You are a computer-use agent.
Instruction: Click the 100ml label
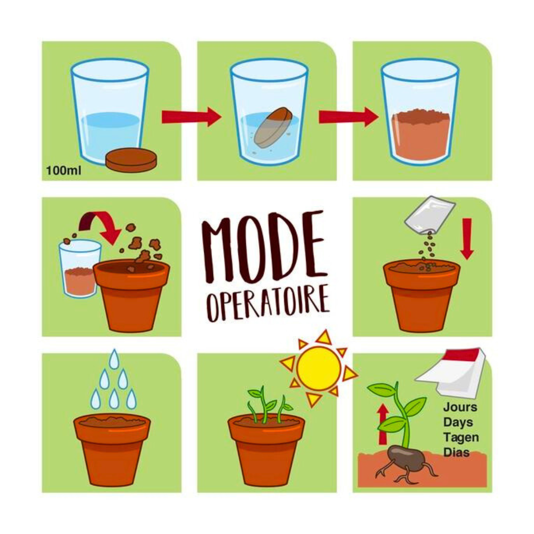tap(64, 170)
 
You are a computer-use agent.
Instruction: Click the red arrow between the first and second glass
tap(191, 117)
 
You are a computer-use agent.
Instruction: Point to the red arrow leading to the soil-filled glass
tap(349, 117)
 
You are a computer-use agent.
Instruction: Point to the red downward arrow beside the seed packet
tap(467, 239)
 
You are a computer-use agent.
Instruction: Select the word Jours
tap(460, 407)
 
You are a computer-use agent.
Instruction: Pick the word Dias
tap(457, 452)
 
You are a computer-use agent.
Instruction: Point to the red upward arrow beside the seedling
tap(383, 424)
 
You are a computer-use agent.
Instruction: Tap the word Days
tap(458, 423)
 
